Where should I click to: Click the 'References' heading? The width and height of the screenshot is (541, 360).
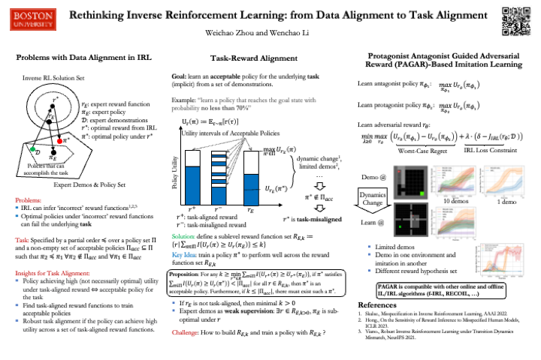click(380, 306)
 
